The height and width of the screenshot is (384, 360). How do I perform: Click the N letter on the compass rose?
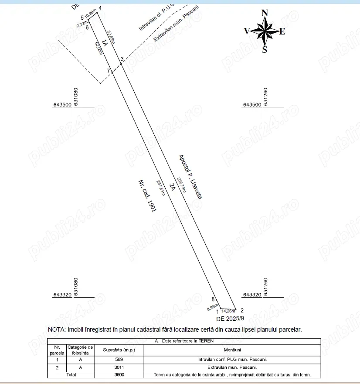265,14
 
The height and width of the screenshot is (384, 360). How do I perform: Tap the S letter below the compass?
265,49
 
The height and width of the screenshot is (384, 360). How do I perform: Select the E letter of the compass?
282,31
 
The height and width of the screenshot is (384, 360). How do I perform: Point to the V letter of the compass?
247,31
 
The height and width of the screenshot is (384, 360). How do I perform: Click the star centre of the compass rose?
265,31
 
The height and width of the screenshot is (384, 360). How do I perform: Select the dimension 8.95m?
212,308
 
